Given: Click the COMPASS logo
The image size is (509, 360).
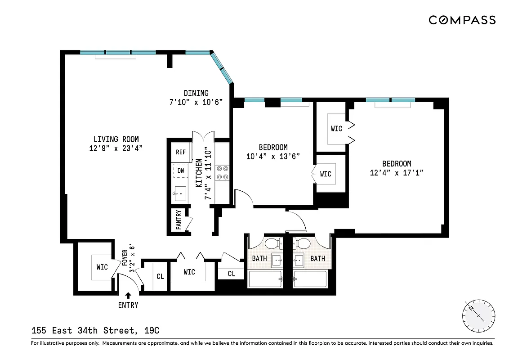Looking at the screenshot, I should (462, 20).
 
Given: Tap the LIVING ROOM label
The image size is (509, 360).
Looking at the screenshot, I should (116, 139).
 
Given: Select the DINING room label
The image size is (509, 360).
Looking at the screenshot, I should (196, 93).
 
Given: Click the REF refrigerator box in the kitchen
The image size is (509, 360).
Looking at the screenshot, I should (181, 152).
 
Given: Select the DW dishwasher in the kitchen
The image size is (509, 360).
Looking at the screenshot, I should (181, 171).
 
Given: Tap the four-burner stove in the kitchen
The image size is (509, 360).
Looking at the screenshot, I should (223, 172).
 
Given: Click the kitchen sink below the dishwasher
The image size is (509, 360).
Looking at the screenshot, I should (180, 194).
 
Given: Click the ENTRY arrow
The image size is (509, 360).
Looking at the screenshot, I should (128, 296).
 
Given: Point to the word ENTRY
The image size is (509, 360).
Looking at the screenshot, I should (128, 305).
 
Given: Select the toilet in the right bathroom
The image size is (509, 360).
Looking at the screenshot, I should (304, 244).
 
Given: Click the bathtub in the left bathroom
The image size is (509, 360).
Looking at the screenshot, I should (265, 279).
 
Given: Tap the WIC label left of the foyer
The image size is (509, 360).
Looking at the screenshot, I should (102, 267).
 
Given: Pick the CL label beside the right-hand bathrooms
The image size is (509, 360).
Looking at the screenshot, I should (231, 273).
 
